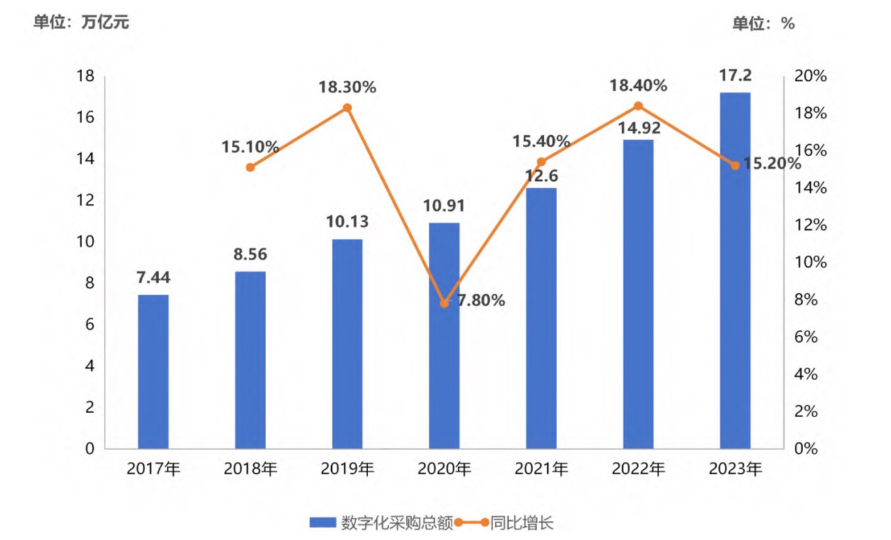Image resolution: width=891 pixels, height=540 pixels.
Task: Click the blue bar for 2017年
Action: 153,371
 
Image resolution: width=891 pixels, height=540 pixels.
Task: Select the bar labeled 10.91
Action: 444,336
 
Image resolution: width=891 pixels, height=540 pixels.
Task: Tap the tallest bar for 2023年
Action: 735,270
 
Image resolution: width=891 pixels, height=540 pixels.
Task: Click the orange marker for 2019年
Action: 347,108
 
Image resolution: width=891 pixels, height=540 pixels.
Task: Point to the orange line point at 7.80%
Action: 444,304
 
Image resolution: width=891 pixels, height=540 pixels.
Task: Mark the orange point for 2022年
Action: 638,106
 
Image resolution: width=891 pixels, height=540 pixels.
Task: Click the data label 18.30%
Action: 348,87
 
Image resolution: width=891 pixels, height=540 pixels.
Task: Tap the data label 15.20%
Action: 771,164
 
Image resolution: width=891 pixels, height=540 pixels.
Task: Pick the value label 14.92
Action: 638,128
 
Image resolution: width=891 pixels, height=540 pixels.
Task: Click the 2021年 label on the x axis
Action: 541,469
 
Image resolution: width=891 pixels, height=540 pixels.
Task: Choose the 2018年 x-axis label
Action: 250,469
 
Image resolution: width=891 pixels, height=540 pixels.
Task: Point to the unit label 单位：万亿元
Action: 81,22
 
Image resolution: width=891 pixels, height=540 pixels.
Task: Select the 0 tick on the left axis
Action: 90,449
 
